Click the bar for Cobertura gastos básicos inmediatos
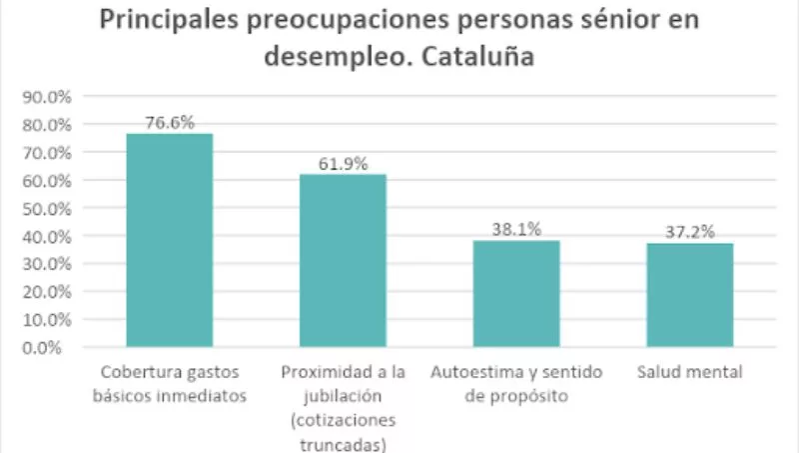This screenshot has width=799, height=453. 169,240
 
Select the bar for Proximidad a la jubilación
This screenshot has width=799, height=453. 343,261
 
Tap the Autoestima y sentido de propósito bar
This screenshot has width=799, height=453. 516,294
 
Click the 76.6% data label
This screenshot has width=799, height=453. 168,123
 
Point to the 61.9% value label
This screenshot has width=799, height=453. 343,164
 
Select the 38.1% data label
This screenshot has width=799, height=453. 516,229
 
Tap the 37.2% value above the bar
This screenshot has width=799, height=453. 690,232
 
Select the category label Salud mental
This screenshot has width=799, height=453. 690,373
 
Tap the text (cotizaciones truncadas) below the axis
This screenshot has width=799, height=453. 343,431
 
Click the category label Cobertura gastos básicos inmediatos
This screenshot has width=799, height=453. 169,383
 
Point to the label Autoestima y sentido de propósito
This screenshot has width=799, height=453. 516,383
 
